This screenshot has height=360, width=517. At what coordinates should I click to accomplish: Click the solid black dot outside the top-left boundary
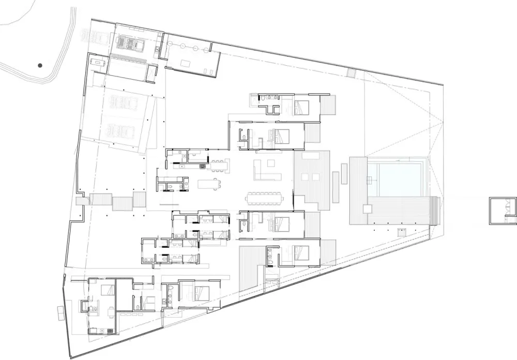[40, 66]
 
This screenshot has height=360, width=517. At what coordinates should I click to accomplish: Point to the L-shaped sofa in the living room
[269, 168]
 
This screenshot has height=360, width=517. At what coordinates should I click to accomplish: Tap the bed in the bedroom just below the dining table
[282, 223]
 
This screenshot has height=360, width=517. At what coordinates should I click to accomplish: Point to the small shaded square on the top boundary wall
[352, 73]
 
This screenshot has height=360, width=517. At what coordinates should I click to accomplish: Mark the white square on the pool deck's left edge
[367, 209]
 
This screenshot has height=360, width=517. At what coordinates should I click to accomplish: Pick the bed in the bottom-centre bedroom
[201, 293]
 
